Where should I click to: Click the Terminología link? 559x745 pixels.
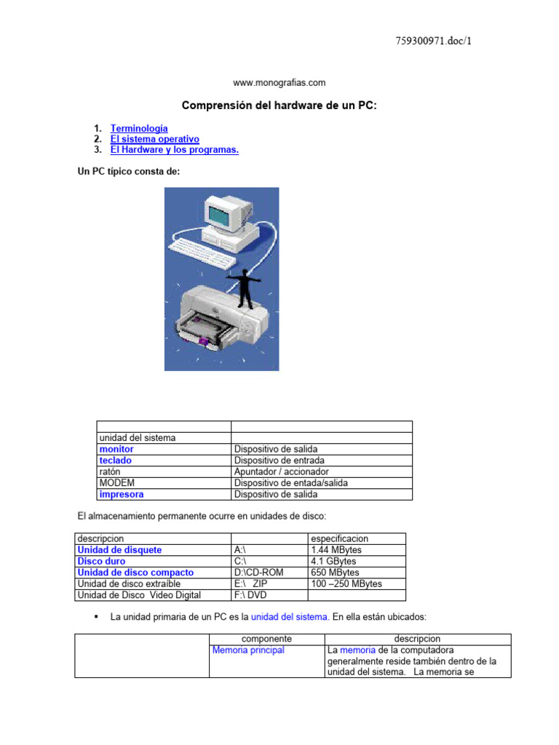(139, 128)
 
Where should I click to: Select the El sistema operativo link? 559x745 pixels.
(154, 139)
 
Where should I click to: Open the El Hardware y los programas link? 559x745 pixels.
(174, 150)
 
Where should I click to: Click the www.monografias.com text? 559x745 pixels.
(279, 83)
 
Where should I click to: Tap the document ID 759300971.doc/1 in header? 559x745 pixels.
(434, 41)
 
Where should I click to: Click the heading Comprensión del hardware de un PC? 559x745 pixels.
(279, 106)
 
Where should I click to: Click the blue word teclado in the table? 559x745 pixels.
(116, 461)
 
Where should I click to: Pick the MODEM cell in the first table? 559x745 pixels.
(116, 483)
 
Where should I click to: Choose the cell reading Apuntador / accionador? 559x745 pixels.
(282, 471)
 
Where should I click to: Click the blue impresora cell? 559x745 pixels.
(121, 494)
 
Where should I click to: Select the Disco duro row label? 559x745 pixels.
(101, 562)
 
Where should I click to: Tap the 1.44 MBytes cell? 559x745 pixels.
(336, 550)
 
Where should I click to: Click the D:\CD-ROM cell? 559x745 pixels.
(258, 573)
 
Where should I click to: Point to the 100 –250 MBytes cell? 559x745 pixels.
(346, 583)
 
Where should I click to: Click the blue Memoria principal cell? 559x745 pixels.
(248, 650)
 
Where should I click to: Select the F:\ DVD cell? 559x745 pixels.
(251, 595)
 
